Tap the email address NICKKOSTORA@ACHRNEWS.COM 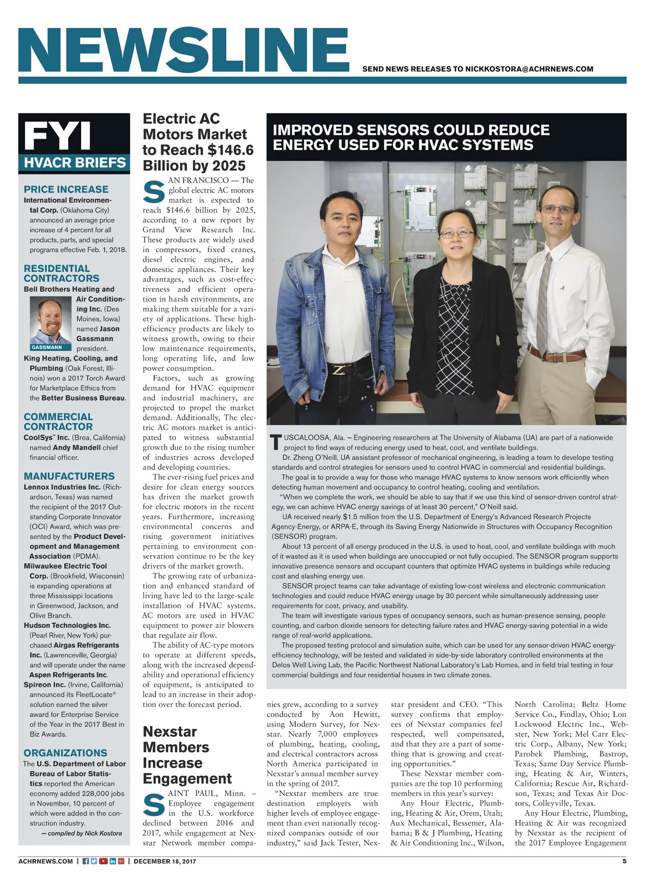(x=529, y=69)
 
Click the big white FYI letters (x=58, y=136)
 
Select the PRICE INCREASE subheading (x=66, y=189)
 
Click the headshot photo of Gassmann (x=51, y=321)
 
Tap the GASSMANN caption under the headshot (x=47, y=347)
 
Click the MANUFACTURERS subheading (x=69, y=476)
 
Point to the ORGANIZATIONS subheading (x=65, y=753)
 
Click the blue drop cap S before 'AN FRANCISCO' (x=154, y=192)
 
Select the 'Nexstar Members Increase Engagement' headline (x=187, y=755)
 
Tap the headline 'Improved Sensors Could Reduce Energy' (x=411, y=138)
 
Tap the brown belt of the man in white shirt (x=557, y=355)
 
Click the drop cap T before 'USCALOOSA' (x=276, y=443)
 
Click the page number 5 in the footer (x=624, y=861)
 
